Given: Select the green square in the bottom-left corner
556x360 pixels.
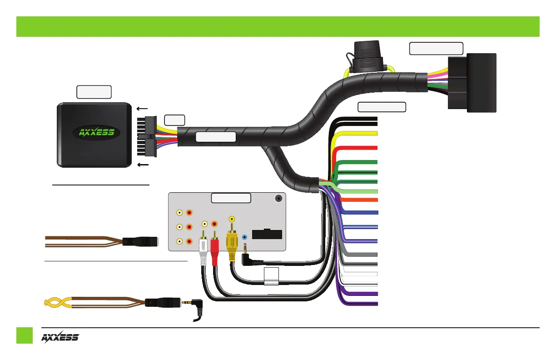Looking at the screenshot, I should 25,335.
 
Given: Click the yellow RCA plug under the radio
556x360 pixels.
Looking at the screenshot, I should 232,245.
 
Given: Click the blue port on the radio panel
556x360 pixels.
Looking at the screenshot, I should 244,237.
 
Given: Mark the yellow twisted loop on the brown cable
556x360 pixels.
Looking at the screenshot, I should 55,302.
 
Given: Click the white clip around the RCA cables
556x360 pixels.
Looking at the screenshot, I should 272,276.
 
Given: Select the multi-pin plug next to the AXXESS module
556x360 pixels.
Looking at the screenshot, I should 147,135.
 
